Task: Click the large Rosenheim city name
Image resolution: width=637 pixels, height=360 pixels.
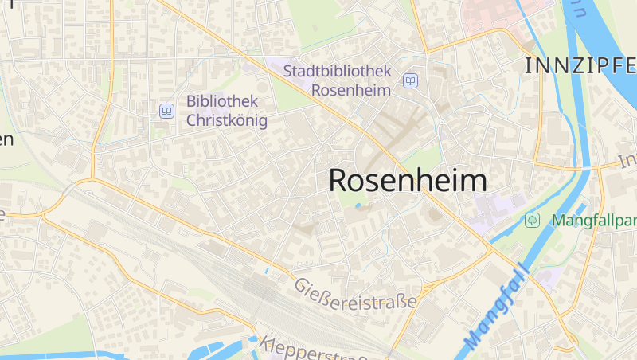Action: (408, 180)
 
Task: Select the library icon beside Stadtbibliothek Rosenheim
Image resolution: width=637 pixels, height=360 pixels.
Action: (410, 81)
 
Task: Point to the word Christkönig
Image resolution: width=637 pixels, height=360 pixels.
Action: (227, 120)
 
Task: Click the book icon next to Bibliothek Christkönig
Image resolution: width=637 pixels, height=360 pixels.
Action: (166, 111)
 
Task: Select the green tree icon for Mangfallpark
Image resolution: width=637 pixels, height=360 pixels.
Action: (533, 219)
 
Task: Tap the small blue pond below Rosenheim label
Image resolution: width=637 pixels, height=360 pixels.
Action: (358, 205)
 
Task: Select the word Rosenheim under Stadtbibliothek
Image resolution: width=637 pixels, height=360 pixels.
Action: (350, 90)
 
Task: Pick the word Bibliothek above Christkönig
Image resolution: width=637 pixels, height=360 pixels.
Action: (222, 101)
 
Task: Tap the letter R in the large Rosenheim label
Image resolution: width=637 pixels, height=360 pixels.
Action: (339, 180)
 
